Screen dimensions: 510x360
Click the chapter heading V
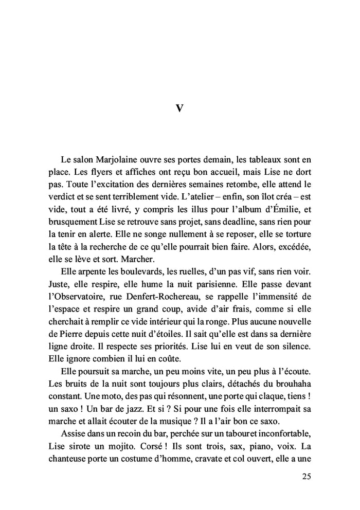[179, 108]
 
